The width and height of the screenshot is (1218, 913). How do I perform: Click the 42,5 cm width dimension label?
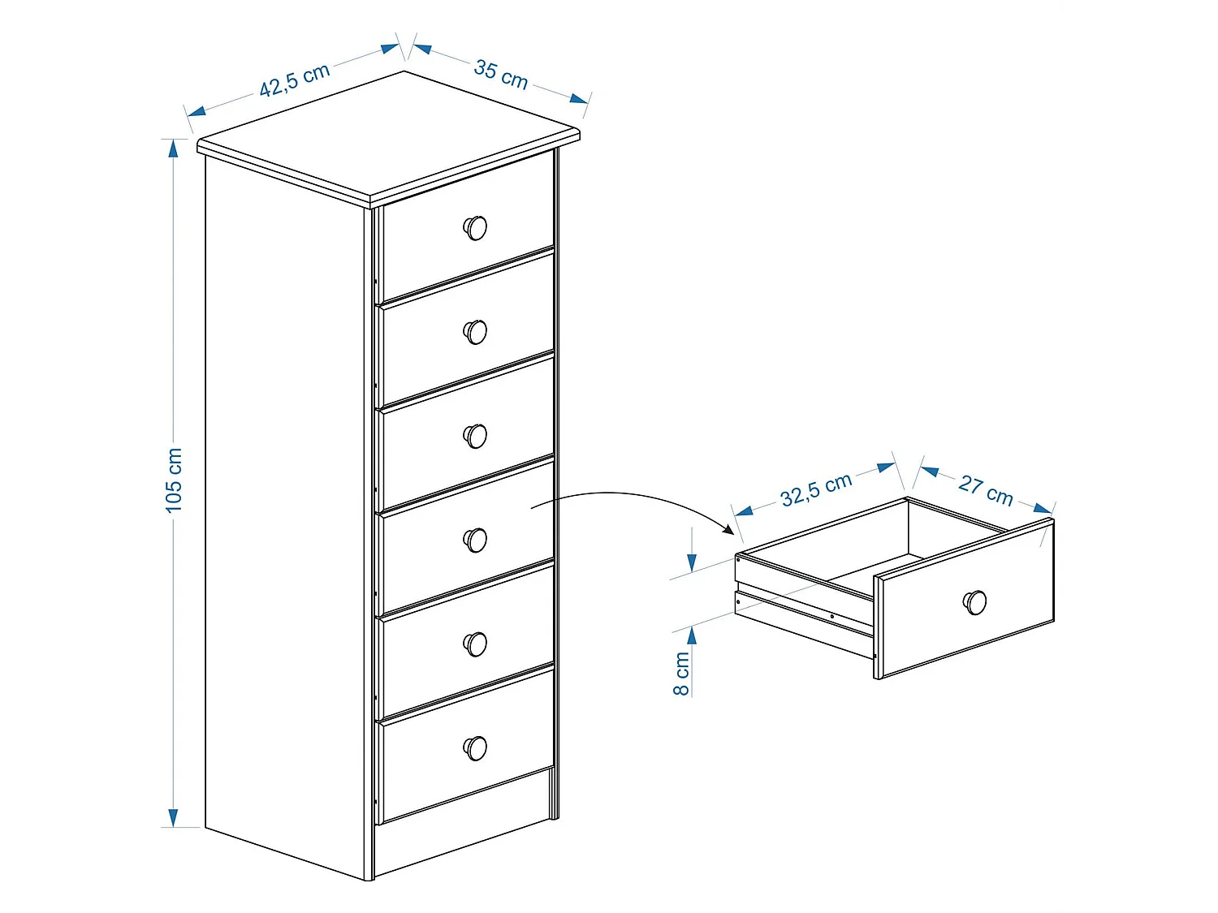[294, 80]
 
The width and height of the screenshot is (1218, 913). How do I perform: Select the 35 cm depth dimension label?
[500, 75]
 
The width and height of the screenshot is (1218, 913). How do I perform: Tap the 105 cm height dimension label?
[174, 480]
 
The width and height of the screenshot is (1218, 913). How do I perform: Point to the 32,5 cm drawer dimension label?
[815, 489]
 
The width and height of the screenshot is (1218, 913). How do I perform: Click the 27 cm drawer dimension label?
[985, 489]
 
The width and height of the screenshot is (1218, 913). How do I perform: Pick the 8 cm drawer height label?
[681, 673]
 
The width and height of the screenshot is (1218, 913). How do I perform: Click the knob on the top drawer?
[475, 228]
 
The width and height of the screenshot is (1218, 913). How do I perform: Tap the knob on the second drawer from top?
[475, 332]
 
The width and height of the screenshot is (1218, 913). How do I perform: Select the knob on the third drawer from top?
[475, 436]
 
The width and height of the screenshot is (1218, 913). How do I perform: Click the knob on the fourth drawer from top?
[475, 540]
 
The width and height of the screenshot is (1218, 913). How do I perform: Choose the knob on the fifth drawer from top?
[475, 644]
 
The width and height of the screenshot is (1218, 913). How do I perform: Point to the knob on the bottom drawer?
[475, 747]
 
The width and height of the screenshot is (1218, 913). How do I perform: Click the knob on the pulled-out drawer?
[974, 602]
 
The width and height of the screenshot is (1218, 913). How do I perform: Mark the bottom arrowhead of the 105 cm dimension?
[173, 817]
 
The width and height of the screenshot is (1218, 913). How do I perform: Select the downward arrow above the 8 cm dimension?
[692, 561]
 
